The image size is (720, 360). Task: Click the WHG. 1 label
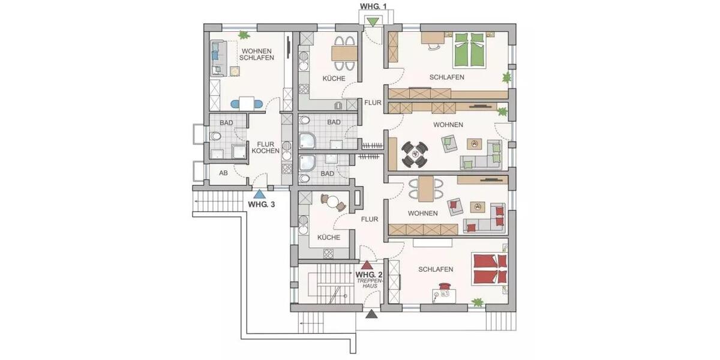click(x=373, y=7)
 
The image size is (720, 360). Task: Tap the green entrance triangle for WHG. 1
click(x=373, y=22)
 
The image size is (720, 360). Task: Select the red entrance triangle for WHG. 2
click(x=367, y=264)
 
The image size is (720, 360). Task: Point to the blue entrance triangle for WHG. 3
click(x=259, y=193)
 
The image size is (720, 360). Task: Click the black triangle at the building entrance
click(x=372, y=313)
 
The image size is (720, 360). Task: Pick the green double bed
click(x=469, y=49)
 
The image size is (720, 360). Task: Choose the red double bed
click(x=490, y=269)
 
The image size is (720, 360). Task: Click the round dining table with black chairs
click(x=415, y=154)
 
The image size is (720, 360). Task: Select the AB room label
click(x=223, y=173)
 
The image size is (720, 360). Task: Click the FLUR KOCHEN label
click(x=266, y=148)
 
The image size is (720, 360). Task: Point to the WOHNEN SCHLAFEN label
click(x=257, y=54)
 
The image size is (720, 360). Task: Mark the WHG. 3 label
click(x=262, y=204)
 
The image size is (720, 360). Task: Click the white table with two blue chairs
click(x=247, y=103)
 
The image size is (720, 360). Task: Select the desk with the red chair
click(x=445, y=293)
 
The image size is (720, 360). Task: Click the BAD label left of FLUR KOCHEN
click(x=226, y=122)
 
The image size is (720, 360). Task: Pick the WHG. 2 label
click(x=367, y=275)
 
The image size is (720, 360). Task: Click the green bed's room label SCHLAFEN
click(x=446, y=77)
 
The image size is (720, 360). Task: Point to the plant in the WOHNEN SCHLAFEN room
click(x=244, y=35)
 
